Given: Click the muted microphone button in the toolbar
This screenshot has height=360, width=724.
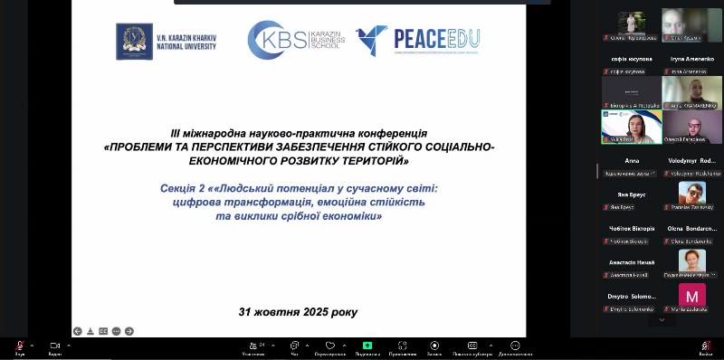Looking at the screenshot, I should pyautogui.click(x=19, y=346).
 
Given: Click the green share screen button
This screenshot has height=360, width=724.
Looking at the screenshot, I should pyautogui.click(x=367, y=346).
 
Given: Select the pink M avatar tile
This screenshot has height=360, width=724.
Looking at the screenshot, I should pyautogui.click(x=691, y=295).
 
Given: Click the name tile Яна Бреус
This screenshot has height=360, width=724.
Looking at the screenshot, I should pyautogui.click(x=631, y=194).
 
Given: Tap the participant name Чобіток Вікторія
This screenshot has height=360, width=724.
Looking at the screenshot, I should pyautogui.click(x=631, y=229).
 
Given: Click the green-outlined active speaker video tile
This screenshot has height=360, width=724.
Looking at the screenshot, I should pyautogui.click(x=631, y=127).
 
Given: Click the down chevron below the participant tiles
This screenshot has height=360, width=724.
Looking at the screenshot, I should pyautogui.click(x=662, y=319).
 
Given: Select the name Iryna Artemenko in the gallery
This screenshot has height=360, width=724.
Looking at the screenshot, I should pyautogui.click(x=691, y=58).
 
